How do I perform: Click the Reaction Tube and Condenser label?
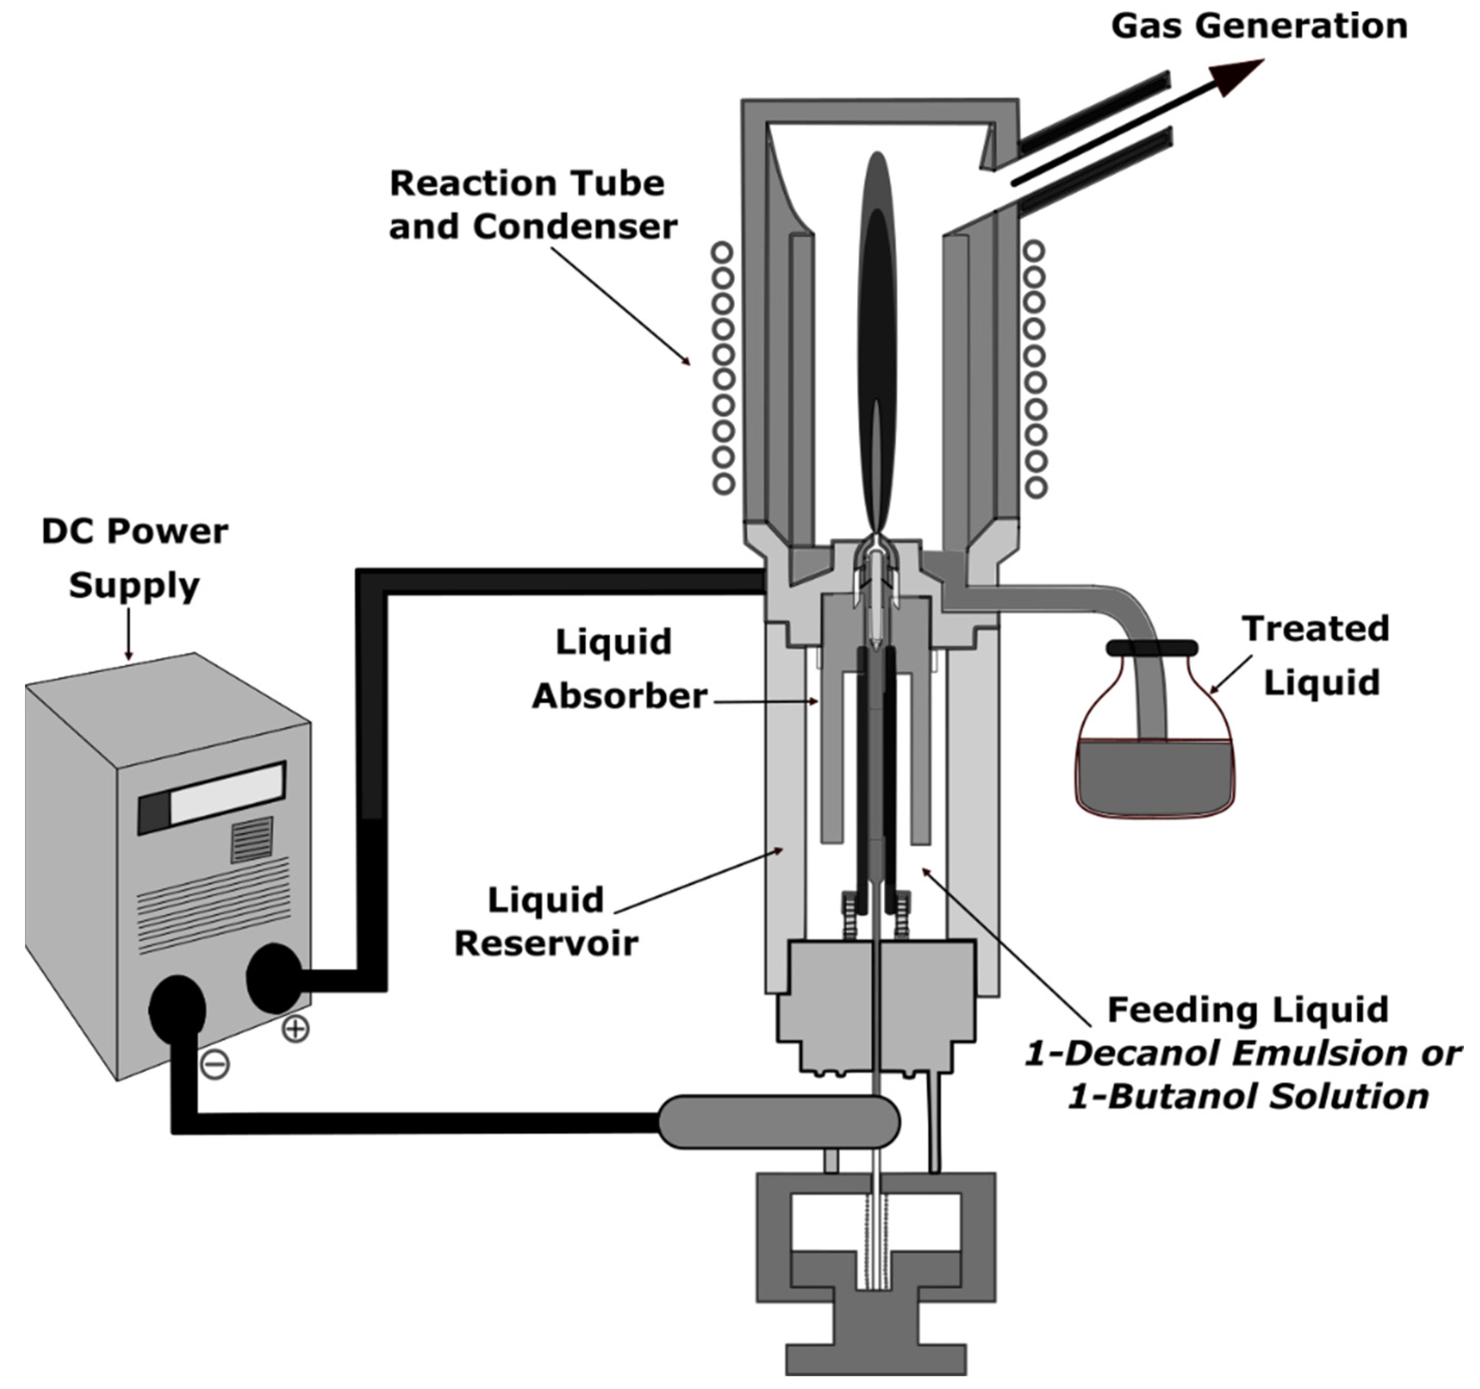coord(532,205)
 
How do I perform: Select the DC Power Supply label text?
coord(134,558)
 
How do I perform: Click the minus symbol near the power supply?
coord(215,1064)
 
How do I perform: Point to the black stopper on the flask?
coord(1152,648)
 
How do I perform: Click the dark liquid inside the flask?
coord(1154,778)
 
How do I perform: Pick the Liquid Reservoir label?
coord(546,922)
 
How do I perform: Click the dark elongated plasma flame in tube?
coord(879,335)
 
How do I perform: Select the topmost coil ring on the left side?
coord(721,252)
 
